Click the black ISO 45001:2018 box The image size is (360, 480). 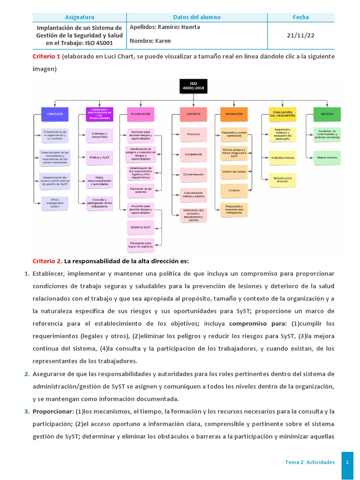click(x=194, y=86)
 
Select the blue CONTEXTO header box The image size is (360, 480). click(x=55, y=114)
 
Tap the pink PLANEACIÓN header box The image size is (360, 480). click(x=141, y=114)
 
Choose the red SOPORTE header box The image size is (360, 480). click(x=193, y=114)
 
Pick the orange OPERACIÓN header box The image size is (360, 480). click(x=234, y=114)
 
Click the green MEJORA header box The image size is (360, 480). click(x=327, y=114)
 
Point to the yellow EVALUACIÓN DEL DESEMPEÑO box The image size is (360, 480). click(x=283, y=114)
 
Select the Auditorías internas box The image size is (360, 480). click(x=283, y=158)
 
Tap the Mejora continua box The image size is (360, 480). click(x=327, y=158)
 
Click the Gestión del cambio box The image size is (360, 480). click(x=234, y=172)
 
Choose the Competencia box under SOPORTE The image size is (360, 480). click(x=193, y=154)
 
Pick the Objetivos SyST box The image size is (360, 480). click(x=141, y=227)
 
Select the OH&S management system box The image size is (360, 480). click(x=55, y=203)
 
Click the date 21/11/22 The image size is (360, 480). click(x=301, y=35)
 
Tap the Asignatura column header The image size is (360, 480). click(x=79, y=17)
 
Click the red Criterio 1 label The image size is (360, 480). click(x=46, y=57)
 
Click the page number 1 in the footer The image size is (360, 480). click(x=347, y=462)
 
